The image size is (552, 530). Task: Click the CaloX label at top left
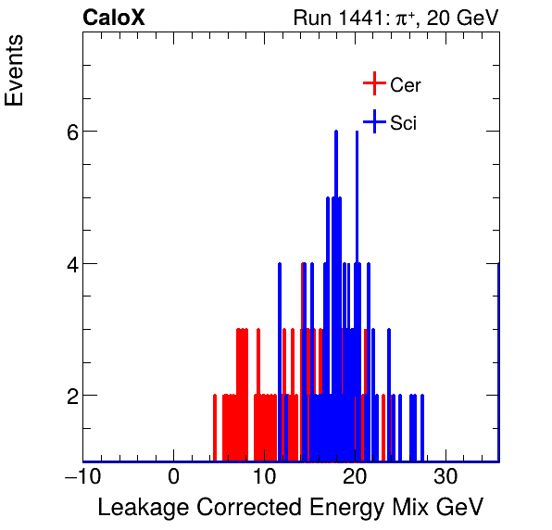[x=114, y=18]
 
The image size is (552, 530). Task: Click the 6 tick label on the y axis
[x=63, y=132]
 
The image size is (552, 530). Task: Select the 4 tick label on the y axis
[x=63, y=264]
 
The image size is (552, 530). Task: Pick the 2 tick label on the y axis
[x=63, y=396]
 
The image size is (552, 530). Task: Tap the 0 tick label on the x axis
[x=174, y=476]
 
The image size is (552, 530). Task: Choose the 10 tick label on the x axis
[x=265, y=476]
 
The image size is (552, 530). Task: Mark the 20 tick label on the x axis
[x=356, y=476]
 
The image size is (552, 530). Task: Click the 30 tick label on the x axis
[x=446, y=476]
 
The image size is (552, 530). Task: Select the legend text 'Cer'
[x=406, y=85]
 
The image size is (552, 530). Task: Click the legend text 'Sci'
[x=404, y=122]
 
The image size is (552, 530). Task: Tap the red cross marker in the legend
[x=373, y=84]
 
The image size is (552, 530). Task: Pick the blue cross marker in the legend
[x=373, y=121]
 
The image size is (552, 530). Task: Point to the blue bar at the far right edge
[x=498, y=361]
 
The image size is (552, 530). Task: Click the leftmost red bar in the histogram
[x=215, y=428]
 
